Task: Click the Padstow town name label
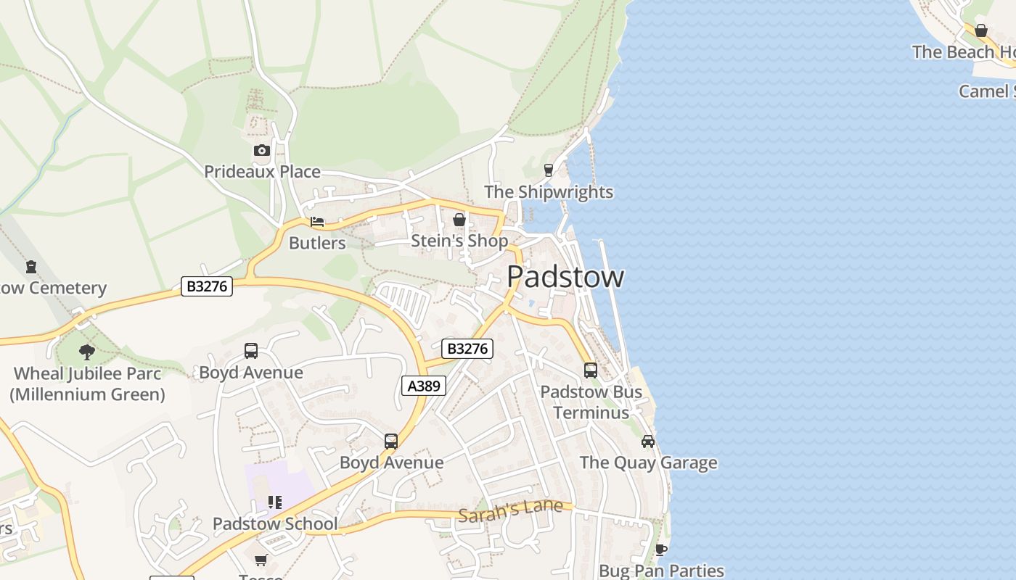pyautogui.click(x=565, y=277)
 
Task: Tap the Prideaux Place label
pyautogui.click(x=262, y=172)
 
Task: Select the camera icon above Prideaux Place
pyautogui.click(x=262, y=151)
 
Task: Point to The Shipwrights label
pyautogui.click(x=548, y=192)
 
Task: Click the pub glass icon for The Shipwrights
pyautogui.click(x=549, y=170)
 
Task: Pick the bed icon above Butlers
pyautogui.click(x=317, y=222)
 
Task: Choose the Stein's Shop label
pyautogui.click(x=459, y=241)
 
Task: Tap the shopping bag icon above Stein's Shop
pyautogui.click(x=459, y=219)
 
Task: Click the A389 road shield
pyautogui.click(x=424, y=386)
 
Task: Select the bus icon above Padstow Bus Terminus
pyautogui.click(x=591, y=370)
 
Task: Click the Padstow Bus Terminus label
pyautogui.click(x=591, y=402)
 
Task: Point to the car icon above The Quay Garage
pyautogui.click(x=648, y=442)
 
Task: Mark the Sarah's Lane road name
pyautogui.click(x=510, y=510)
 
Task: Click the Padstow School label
pyautogui.click(x=274, y=523)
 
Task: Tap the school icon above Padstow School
pyautogui.click(x=274, y=502)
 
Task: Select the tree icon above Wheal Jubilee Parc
pyautogui.click(x=87, y=353)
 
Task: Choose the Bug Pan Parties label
pyautogui.click(x=661, y=571)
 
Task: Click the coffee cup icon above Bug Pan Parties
pyautogui.click(x=660, y=550)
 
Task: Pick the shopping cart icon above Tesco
pyautogui.click(x=261, y=560)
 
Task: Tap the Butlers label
pyautogui.click(x=317, y=243)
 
